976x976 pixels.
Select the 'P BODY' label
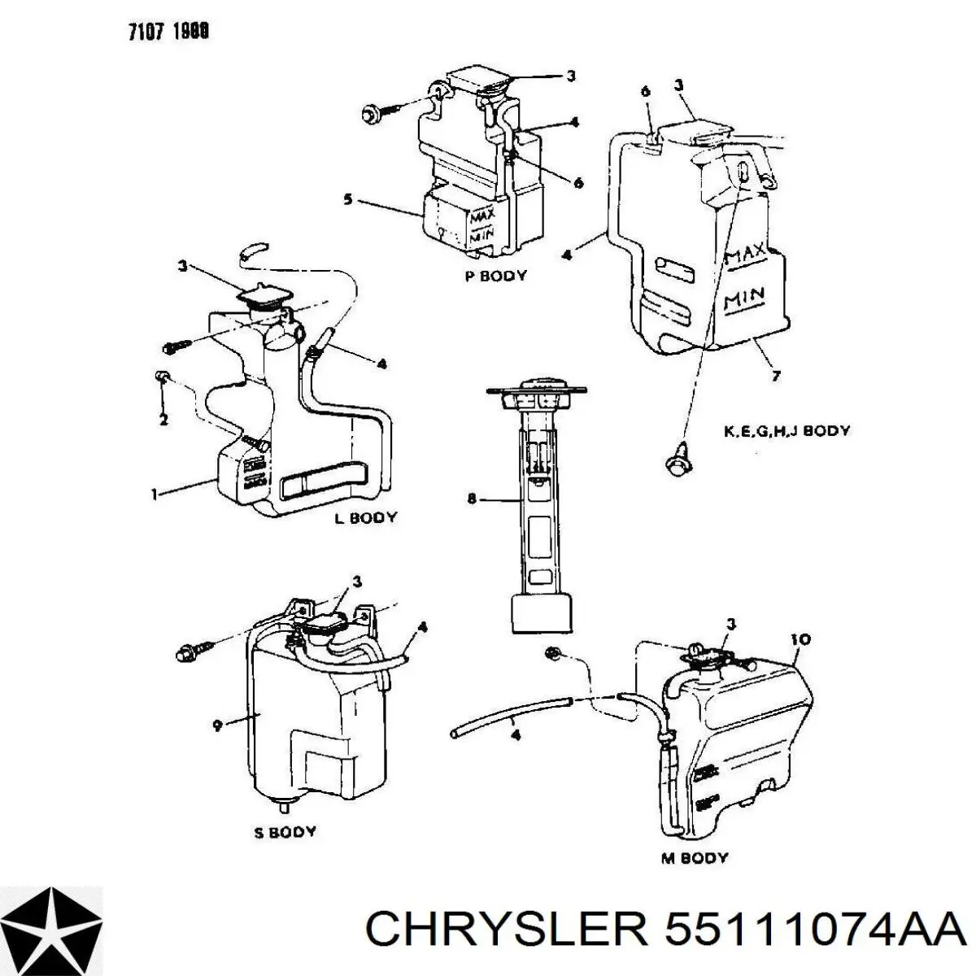click(x=495, y=276)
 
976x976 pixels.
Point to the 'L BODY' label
click(x=366, y=517)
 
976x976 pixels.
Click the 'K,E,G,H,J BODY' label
click(x=786, y=431)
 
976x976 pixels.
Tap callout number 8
click(x=472, y=499)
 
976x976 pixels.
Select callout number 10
click(x=800, y=640)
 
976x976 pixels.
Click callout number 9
click(x=217, y=726)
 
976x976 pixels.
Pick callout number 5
click(x=348, y=199)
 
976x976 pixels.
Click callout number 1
click(x=155, y=493)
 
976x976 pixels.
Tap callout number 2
click(x=163, y=420)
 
